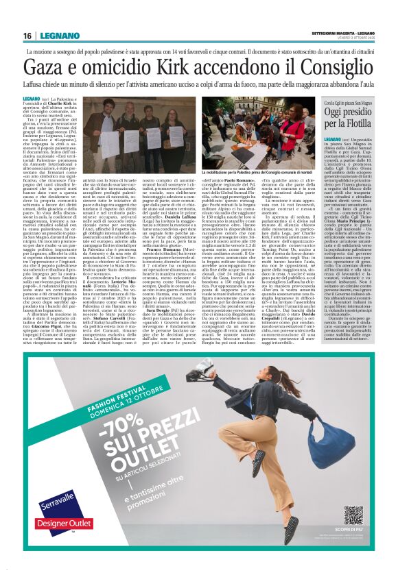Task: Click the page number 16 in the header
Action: pos(27,36)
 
